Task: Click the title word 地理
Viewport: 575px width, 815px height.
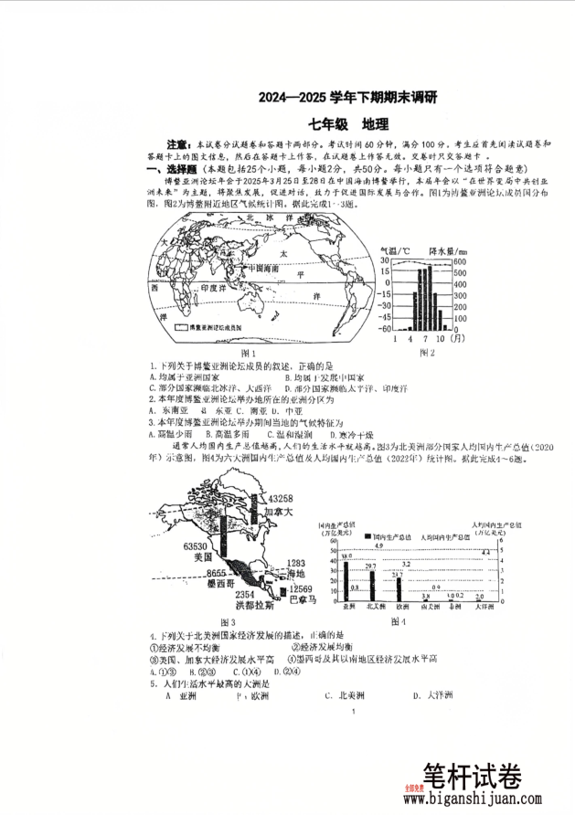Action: click(x=375, y=124)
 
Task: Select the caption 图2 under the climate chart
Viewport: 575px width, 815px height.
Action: click(x=427, y=352)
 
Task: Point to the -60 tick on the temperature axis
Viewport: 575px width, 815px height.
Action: click(x=386, y=329)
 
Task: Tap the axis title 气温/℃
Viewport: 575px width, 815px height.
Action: click(x=396, y=250)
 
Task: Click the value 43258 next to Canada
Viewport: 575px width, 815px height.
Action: click(x=281, y=498)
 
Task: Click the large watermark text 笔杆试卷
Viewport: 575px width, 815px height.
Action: click(x=470, y=777)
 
